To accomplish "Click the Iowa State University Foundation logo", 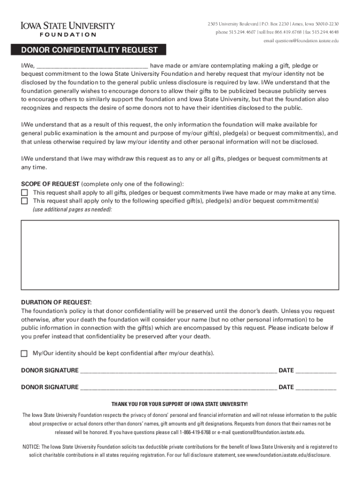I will coord(67,29).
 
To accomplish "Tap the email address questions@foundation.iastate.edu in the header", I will coord(300,41).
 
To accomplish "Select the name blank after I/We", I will coord(92,66).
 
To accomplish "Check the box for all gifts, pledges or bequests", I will coord(24,193).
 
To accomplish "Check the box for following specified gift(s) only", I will coord(24,201).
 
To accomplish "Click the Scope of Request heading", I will coord(50,184).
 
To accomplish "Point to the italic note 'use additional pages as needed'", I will coord(72,210).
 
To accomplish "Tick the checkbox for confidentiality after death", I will coord(24,353).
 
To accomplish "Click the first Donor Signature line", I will coord(178,371).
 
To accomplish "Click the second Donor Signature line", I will coord(178,387).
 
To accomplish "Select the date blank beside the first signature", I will coord(316,371).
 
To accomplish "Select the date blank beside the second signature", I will coord(316,387).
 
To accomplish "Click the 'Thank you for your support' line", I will coord(180,404).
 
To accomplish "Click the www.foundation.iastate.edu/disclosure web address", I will coord(288,455).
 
